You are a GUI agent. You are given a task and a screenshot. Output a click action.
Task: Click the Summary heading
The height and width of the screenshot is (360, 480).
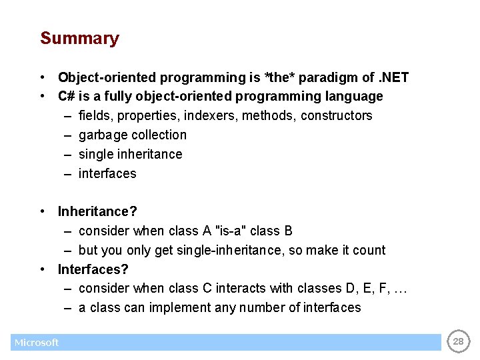pyautogui.click(x=79, y=39)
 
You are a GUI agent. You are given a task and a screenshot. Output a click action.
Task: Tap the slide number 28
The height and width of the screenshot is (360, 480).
pyautogui.click(x=458, y=342)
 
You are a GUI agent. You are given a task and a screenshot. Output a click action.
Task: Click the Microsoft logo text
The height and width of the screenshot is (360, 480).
pyautogui.click(x=37, y=343)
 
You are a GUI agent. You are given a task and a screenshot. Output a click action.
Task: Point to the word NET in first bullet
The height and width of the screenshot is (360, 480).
pyautogui.click(x=395, y=77)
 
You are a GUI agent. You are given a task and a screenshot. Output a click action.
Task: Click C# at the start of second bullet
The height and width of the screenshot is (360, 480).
pyautogui.click(x=67, y=96)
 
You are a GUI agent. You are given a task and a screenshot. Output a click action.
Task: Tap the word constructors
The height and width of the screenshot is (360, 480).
pyautogui.click(x=336, y=115)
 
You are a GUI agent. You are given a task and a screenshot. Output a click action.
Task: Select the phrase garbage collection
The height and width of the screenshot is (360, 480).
pyautogui.click(x=133, y=135)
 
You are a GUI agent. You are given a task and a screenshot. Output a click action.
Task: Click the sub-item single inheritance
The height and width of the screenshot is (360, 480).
pyautogui.click(x=130, y=154)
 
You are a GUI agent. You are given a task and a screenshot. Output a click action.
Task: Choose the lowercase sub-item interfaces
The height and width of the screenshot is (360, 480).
pyautogui.click(x=107, y=173)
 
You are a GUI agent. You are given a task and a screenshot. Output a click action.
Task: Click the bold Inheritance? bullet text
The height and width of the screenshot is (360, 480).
pyautogui.click(x=97, y=211)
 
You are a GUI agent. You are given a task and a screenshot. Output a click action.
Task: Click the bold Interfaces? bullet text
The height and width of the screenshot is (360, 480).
pyautogui.click(x=93, y=269)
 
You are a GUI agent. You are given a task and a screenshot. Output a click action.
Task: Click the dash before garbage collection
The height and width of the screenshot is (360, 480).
pyautogui.click(x=69, y=135)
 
